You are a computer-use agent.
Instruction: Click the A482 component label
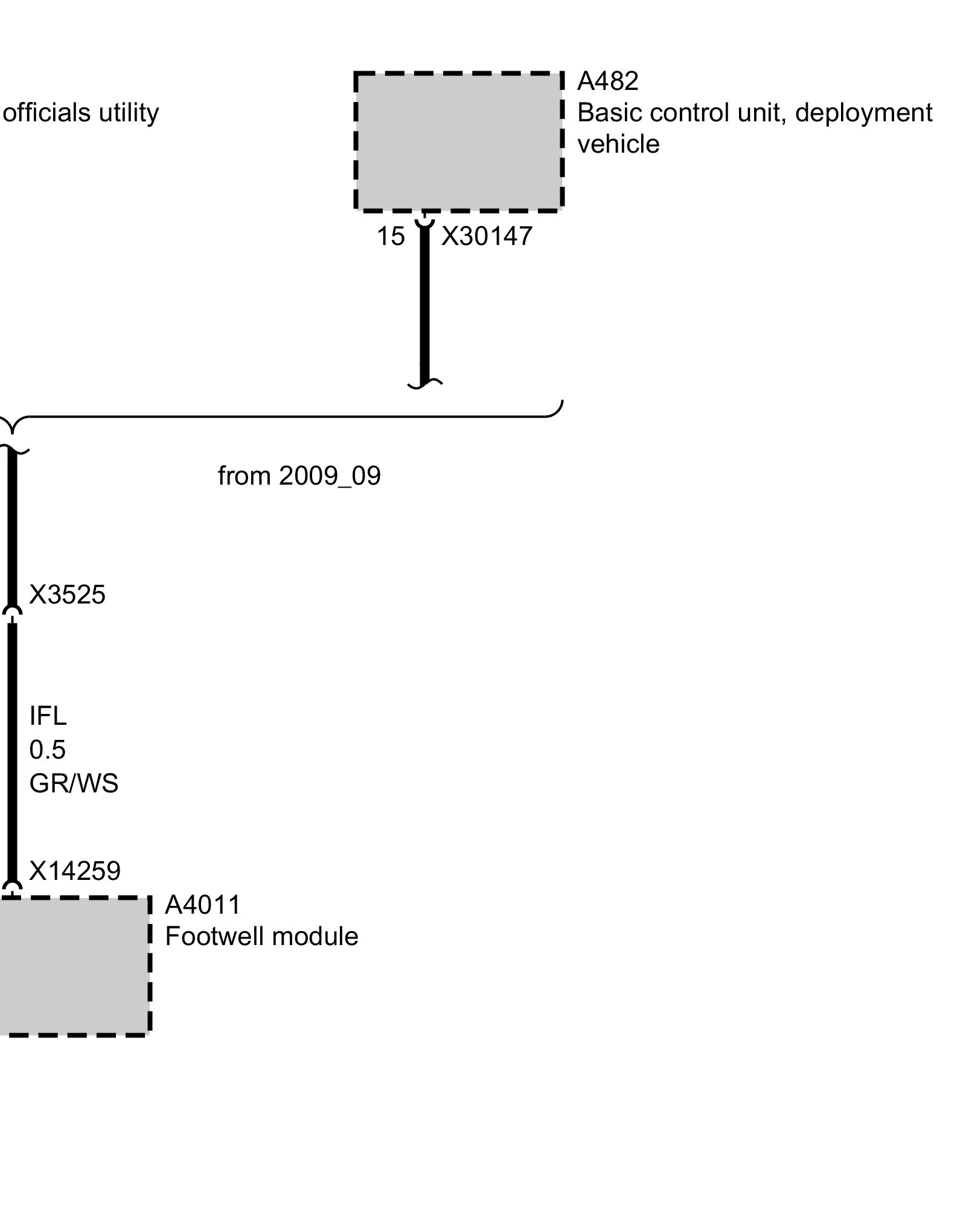[x=607, y=81]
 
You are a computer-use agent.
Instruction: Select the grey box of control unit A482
[x=459, y=142]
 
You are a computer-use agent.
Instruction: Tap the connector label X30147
[x=487, y=236]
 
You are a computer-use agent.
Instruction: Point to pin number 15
[x=390, y=236]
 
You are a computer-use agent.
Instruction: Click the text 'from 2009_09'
[x=299, y=476]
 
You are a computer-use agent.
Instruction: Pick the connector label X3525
[x=67, y=595]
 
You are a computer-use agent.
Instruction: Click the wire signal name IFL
[x=48, y=716]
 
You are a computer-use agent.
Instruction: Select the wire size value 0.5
[x=47, y=750]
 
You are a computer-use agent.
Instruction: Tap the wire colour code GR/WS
[x=74, y=784]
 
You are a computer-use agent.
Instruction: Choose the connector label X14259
[x=75, y=871]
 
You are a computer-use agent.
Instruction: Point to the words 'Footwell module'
[x=261, y=937]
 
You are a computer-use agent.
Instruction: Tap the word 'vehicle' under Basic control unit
[x=618, y=144]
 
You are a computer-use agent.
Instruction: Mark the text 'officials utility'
[x=80, y=113]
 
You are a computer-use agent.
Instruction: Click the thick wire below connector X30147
[x=424, y=302]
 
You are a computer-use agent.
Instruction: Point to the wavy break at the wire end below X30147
[x=424, y=383]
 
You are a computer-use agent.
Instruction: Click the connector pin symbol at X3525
[x=13, y=612]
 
